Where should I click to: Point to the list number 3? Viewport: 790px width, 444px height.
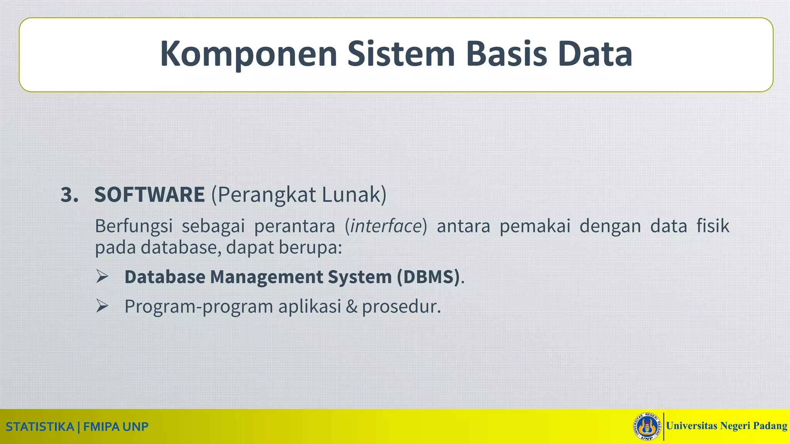coord(69,195)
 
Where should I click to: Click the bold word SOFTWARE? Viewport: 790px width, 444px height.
coord(149,195)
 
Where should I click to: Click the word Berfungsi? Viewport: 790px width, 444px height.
coord(133,226)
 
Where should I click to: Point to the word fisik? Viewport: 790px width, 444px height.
coord(713,226)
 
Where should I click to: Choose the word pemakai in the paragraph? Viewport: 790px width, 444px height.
coord(535,226)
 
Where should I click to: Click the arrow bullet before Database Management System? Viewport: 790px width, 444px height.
coord(102,277)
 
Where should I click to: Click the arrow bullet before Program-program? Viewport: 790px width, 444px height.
coord(102,306)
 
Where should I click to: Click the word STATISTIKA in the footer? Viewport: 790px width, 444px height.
coord(40,427)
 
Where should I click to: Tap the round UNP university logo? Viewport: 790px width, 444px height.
coord(647,426)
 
